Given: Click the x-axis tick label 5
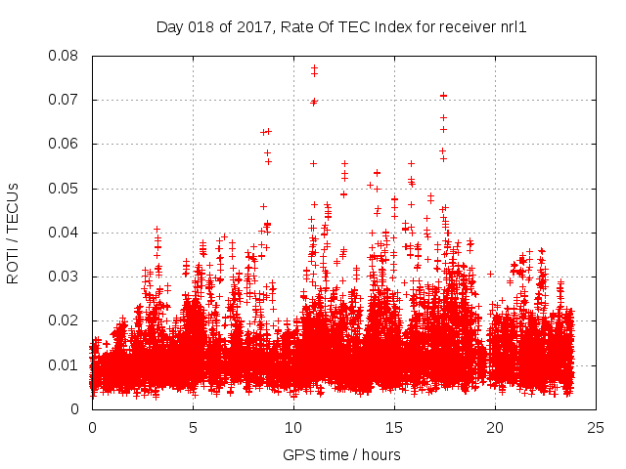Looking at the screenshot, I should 193,427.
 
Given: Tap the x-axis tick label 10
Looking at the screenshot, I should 293,427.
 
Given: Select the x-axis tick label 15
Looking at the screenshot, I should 394,427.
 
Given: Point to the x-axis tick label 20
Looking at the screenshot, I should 495,427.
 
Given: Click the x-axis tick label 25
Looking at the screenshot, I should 596,427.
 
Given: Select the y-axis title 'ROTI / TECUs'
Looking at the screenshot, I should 14,233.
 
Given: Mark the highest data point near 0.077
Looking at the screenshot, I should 314,67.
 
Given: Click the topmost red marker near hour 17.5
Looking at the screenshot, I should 443,96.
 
